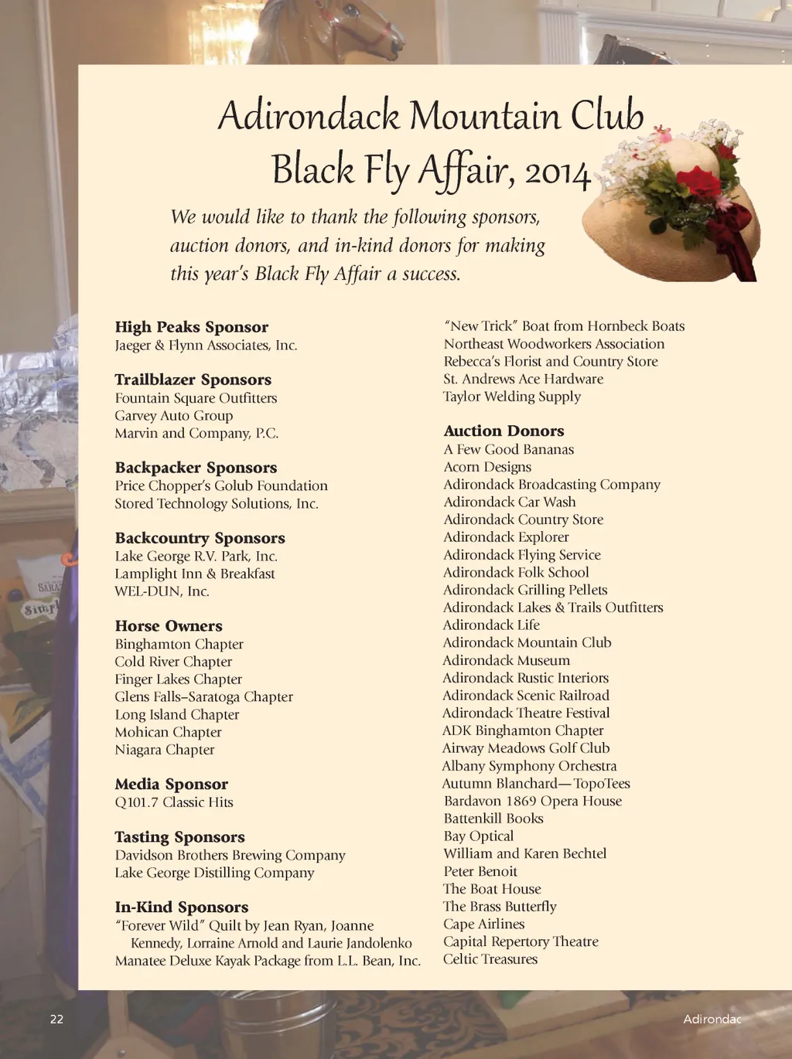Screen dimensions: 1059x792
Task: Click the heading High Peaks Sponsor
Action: [191, 327]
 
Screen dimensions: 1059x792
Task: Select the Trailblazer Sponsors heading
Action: [193, 380]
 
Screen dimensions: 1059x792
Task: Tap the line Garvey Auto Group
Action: [173, 416]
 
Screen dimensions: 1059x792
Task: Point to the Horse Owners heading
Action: [169, 626]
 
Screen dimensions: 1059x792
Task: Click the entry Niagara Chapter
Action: [164, 750]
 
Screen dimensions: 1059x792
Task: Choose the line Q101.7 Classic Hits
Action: [173, 802]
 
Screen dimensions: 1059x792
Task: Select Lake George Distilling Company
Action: [214, 873]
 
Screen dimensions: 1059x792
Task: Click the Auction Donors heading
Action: [504, 431]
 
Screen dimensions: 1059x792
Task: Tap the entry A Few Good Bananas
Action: [508, 450]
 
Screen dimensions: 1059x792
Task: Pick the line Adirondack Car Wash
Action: [509, 502]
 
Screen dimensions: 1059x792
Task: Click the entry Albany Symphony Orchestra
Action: [529, 766]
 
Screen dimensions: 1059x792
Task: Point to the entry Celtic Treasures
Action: [490, 959]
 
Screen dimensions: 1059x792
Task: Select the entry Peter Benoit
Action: [480, 871]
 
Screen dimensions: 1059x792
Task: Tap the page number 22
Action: [56, 1020]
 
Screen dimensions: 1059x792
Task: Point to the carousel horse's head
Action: [364, 23]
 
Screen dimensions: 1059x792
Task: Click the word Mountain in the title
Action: [484, 116]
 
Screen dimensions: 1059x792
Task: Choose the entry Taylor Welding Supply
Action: [511, 397]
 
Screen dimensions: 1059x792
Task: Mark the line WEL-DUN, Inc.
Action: [162, 591]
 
